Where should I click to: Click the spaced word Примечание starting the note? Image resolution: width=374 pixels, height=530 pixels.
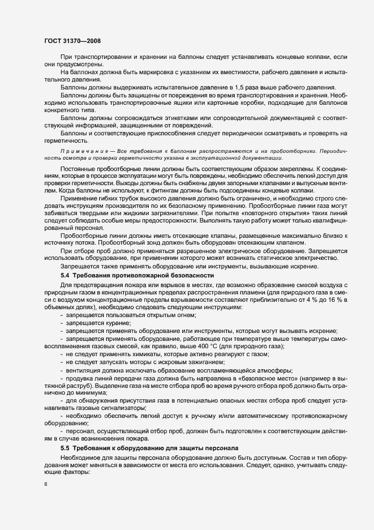pyautogui.click(x=81, y=153)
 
